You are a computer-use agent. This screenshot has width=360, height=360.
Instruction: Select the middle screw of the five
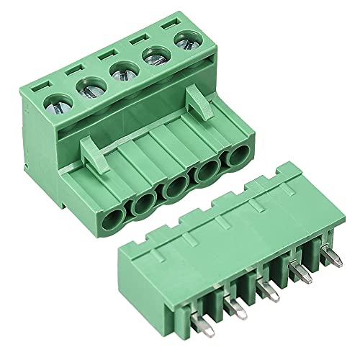coord(119,72)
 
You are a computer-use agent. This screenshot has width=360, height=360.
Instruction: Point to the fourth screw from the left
coord(151,55)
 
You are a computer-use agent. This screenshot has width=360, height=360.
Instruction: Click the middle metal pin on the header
coord(267,291)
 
